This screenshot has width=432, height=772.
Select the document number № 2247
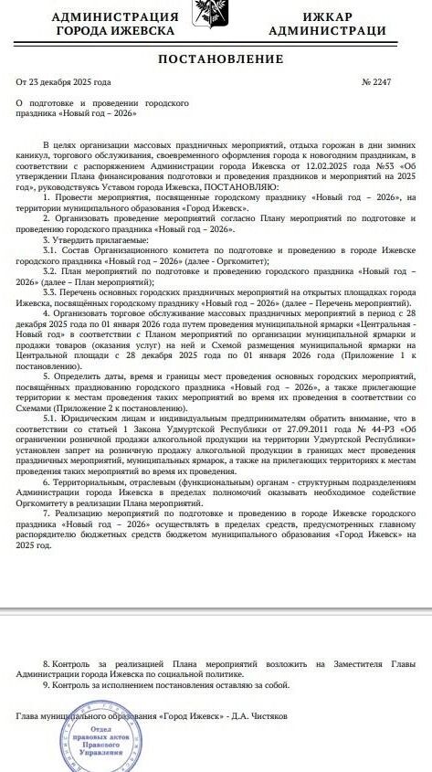(375, 83)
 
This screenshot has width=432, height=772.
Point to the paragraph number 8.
(47, 661)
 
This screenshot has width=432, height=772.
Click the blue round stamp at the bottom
(91, 744)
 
